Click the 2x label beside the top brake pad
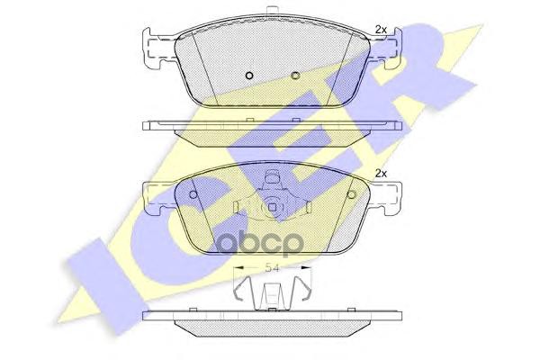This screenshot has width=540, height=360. tap(379, 31)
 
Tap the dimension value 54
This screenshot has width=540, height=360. tap(270, 267)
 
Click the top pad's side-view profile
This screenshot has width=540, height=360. tap(270, 129)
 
